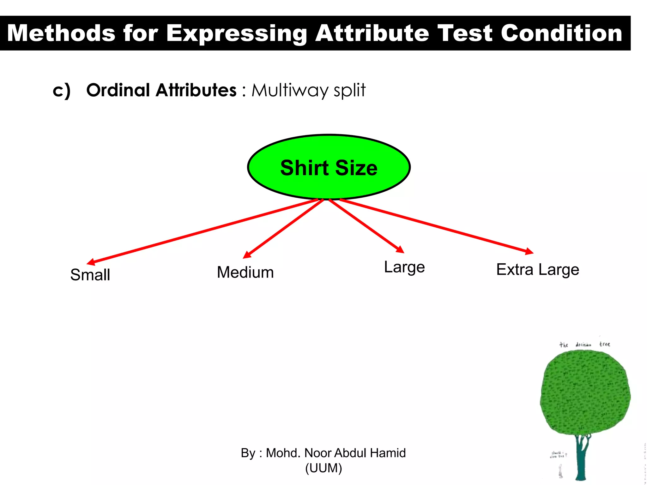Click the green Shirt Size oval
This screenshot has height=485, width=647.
click(329, 167)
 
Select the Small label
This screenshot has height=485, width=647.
click(90, 274)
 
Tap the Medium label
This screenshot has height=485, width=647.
click(245, 272)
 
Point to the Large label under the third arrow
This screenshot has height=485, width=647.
click(404, 267)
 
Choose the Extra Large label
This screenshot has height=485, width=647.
click(538, 270)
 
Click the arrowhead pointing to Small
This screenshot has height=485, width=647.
click(91, 262)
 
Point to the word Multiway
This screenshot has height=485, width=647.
click(290, 90)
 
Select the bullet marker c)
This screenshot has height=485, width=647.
click(62, 91)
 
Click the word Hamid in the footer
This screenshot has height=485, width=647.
click(388, 453)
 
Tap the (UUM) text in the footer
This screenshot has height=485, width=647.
click(323, 468)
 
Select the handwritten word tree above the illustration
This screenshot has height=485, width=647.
click(605, 344)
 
